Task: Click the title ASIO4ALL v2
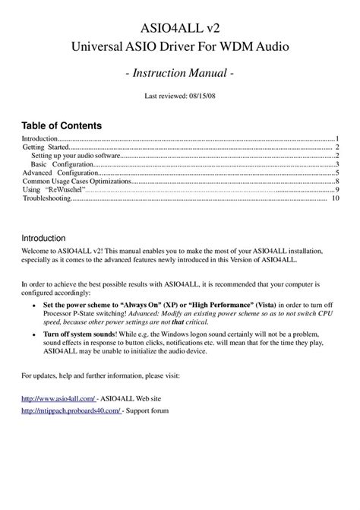pyautogui.click(x=180, y=29)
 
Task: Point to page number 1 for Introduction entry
pyautogui.click(x=336, y=140)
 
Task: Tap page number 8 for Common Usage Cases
pyautogui.click(x=336, y=182)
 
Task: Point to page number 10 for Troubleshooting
pyautogui.click(x=334, y=198)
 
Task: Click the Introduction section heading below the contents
pyautogui.click(x=49, y=237)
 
